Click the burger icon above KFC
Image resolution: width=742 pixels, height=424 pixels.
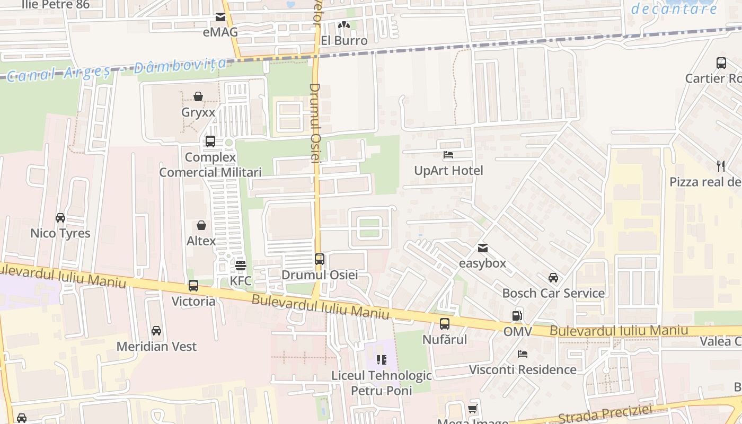pyautogui.click(x=241, y=265)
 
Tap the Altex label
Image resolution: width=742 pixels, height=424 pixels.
pyautogui.click(x=201, y=241)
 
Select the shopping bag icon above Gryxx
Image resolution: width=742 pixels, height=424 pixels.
pyautogui.click(x=198, y=96)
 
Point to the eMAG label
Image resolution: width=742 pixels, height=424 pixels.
pyautogui.click(x=220, y=32)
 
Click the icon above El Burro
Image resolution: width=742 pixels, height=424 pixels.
pyautogui.click(x=344, y=25)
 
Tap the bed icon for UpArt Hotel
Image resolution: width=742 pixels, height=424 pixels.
pyautogui.click(x=448, y=155)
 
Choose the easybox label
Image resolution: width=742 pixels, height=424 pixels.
pyautogui.click(x=482, y=263)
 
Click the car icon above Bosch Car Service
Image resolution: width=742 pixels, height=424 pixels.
pyautogui.click(x=553, y=278)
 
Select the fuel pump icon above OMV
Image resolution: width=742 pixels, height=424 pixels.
pyautogui.click(x=517, y=316)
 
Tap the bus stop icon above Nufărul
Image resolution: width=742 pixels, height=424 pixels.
pyautogui.click(x=445, y=324)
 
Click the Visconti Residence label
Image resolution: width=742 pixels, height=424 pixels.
pyautogui.click(x=523, y=369)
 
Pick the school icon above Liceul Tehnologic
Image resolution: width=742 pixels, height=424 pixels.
pyautogui.click(x=382, y=360)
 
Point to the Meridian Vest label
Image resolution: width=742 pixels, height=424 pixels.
pyautogui.click(x=156, y=347)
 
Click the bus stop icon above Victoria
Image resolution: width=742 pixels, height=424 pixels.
pyautogui.click(x=193, y=286)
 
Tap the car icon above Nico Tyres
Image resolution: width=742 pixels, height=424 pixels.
pyautogui.click(x=60, y=218)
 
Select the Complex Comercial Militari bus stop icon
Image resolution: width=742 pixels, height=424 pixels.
pyautogui.click(x=210, y=142)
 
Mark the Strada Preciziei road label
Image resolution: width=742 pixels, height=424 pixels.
pyautogui.click(x=604, y=414)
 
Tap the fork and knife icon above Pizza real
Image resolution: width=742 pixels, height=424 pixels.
pyautogui.click(x=721, y=166)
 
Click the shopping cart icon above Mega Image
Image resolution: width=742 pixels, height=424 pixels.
pyautogui.click(x=472, y=409)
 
